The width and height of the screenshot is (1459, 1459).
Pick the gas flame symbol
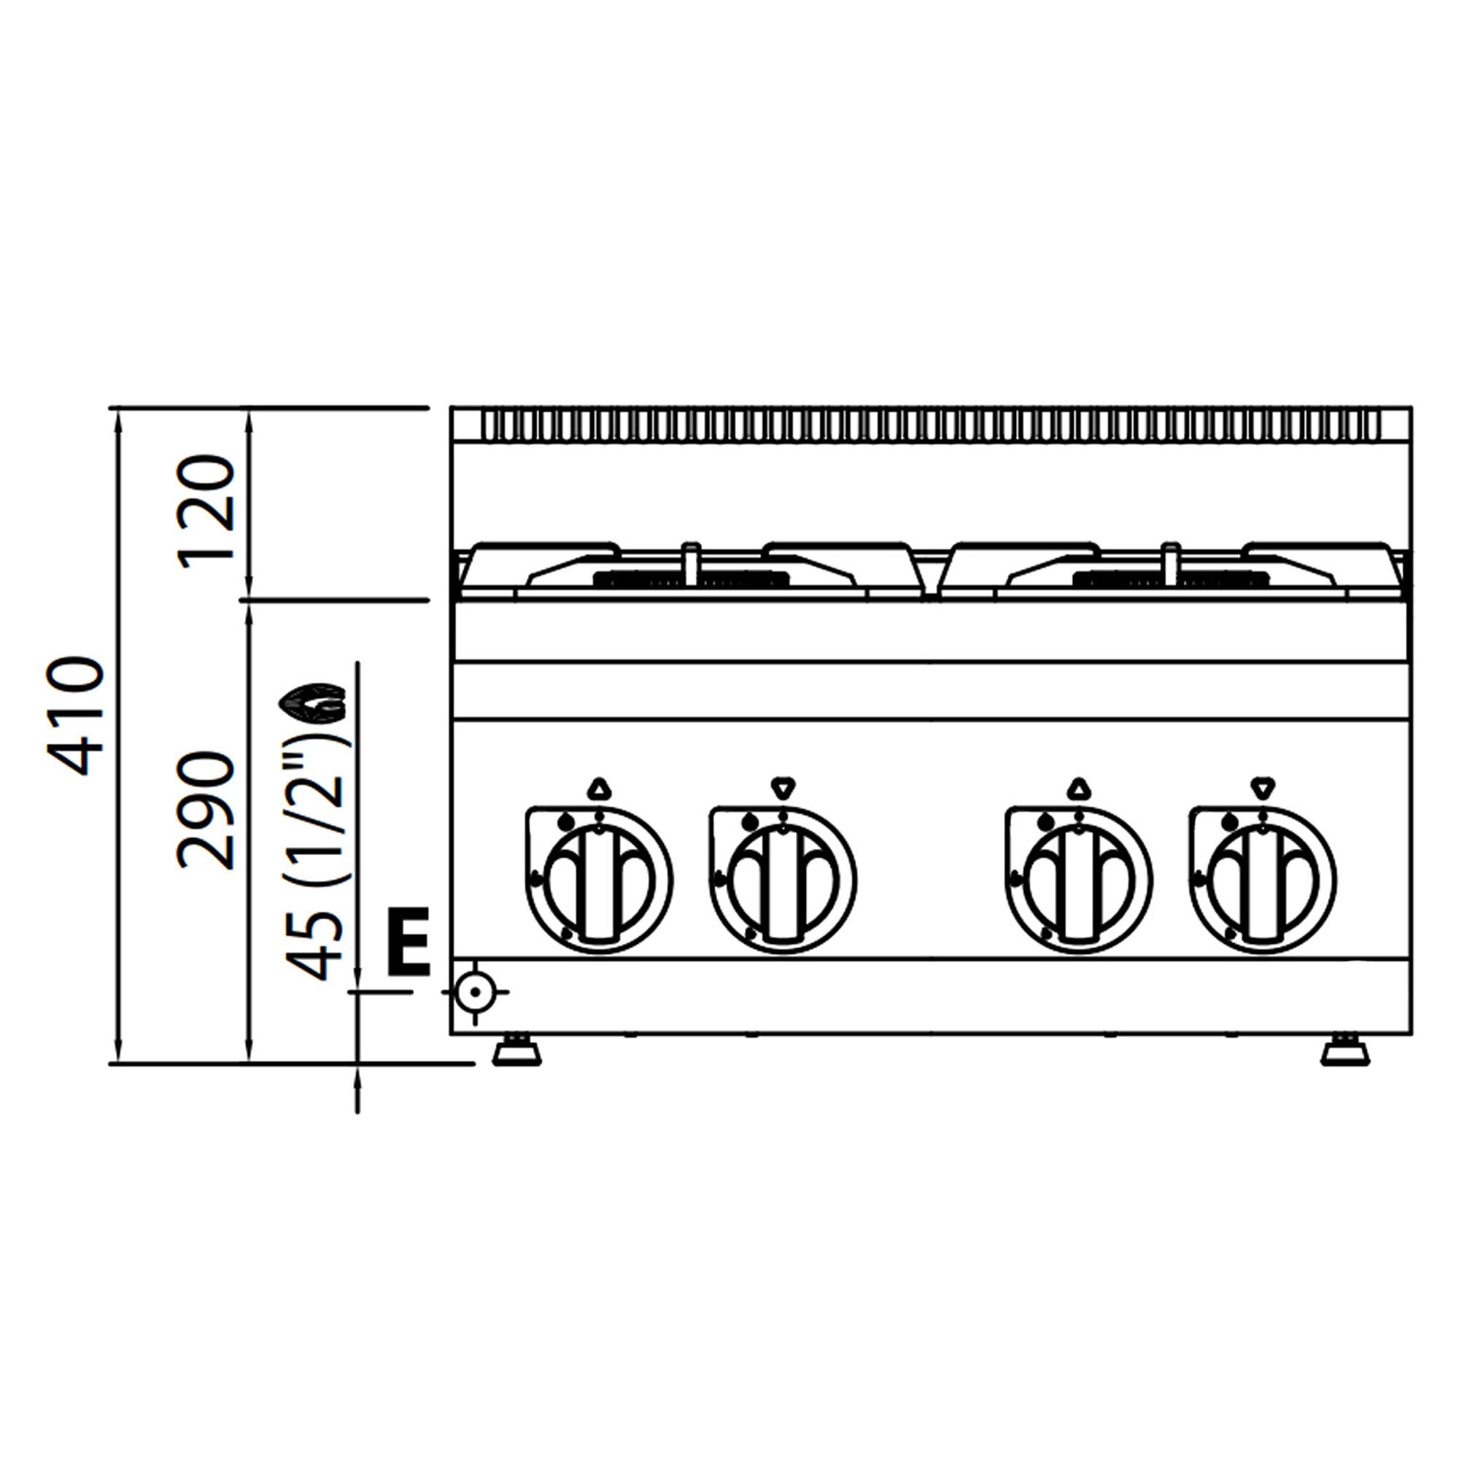point(312,702)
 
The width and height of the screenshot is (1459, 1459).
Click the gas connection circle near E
point(475,991)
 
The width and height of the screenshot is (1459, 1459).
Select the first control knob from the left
point(599,881)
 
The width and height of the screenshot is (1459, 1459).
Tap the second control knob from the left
point(783,881)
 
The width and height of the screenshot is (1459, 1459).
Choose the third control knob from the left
point(1079,881)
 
